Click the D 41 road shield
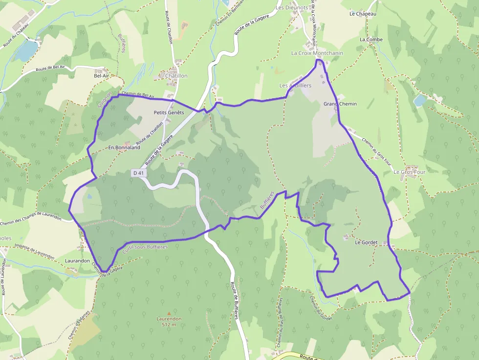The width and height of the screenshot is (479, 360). point(138,173)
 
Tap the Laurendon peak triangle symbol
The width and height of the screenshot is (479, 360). point(169,313)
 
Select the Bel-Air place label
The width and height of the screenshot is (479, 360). point(102,76)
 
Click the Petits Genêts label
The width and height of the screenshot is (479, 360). point(169,112)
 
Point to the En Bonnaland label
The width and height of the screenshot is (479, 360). point(124,147)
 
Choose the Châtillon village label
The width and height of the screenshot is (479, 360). point(176,76)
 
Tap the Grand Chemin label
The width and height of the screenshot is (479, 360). point(340,104)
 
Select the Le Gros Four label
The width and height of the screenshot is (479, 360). point(410,172)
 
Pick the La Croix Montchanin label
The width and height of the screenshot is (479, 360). point(317,53)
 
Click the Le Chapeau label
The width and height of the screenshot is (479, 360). point(363,14)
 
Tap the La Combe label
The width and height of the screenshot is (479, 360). point(371,39)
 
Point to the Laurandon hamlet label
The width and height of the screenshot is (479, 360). point(77,261)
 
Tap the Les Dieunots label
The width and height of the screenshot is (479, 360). point(292,8)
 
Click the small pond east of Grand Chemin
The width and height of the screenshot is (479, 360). point(420,100)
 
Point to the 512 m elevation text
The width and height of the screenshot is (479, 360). point(169,324)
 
